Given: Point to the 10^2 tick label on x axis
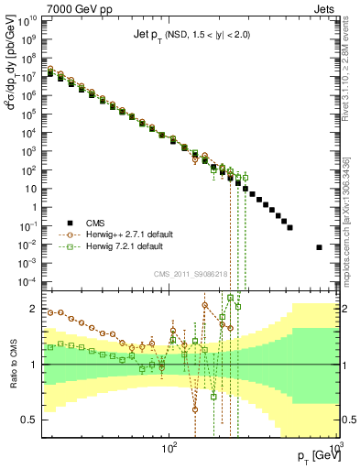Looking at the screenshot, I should click(169, 449).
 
